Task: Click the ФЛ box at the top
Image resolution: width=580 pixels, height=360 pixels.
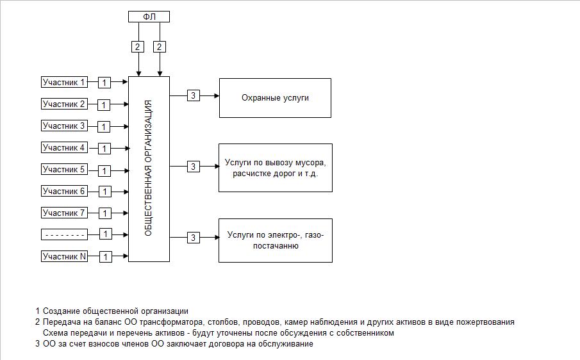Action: coord(149,17)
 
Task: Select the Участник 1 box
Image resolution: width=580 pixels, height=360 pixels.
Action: coord(64,82)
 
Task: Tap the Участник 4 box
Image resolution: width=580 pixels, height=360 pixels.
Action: coord(64,147)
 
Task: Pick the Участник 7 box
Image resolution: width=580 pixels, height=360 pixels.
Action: coord(64,213)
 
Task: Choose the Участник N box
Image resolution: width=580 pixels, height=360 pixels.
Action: coord(64,256)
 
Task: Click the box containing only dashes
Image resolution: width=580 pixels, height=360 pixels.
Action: coord(64,234)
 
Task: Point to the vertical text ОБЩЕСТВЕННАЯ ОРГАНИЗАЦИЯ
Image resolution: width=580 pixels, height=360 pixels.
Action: coord(148,168)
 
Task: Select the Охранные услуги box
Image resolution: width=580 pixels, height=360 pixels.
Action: coord(275,98)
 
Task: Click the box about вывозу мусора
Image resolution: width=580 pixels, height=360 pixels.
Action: coord(276,168)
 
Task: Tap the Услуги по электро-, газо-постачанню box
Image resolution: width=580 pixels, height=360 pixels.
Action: coord(276,241)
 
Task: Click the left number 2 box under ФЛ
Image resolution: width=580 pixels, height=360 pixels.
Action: coord(138,47)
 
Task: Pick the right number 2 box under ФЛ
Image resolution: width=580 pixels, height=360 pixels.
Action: coord(160,47)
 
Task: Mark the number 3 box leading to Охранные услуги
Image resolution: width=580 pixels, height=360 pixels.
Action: coord(193,95)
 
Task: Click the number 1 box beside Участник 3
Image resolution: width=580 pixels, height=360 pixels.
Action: coord(104,127)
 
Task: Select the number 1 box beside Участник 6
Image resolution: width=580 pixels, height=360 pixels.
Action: coord(105,192)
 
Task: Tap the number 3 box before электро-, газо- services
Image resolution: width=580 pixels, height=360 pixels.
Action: coord(193,237)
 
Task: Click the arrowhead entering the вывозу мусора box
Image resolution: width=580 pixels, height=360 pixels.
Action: coord(217,167)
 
